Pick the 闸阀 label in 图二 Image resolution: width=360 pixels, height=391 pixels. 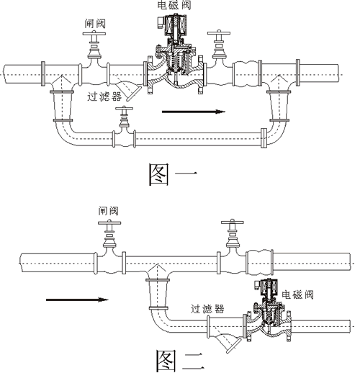point(108,211)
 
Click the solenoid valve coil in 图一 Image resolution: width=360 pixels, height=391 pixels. point(173,32)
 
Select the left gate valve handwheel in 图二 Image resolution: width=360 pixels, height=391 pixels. point(109,225)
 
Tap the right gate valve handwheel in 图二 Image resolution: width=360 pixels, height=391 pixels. point(232,224)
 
